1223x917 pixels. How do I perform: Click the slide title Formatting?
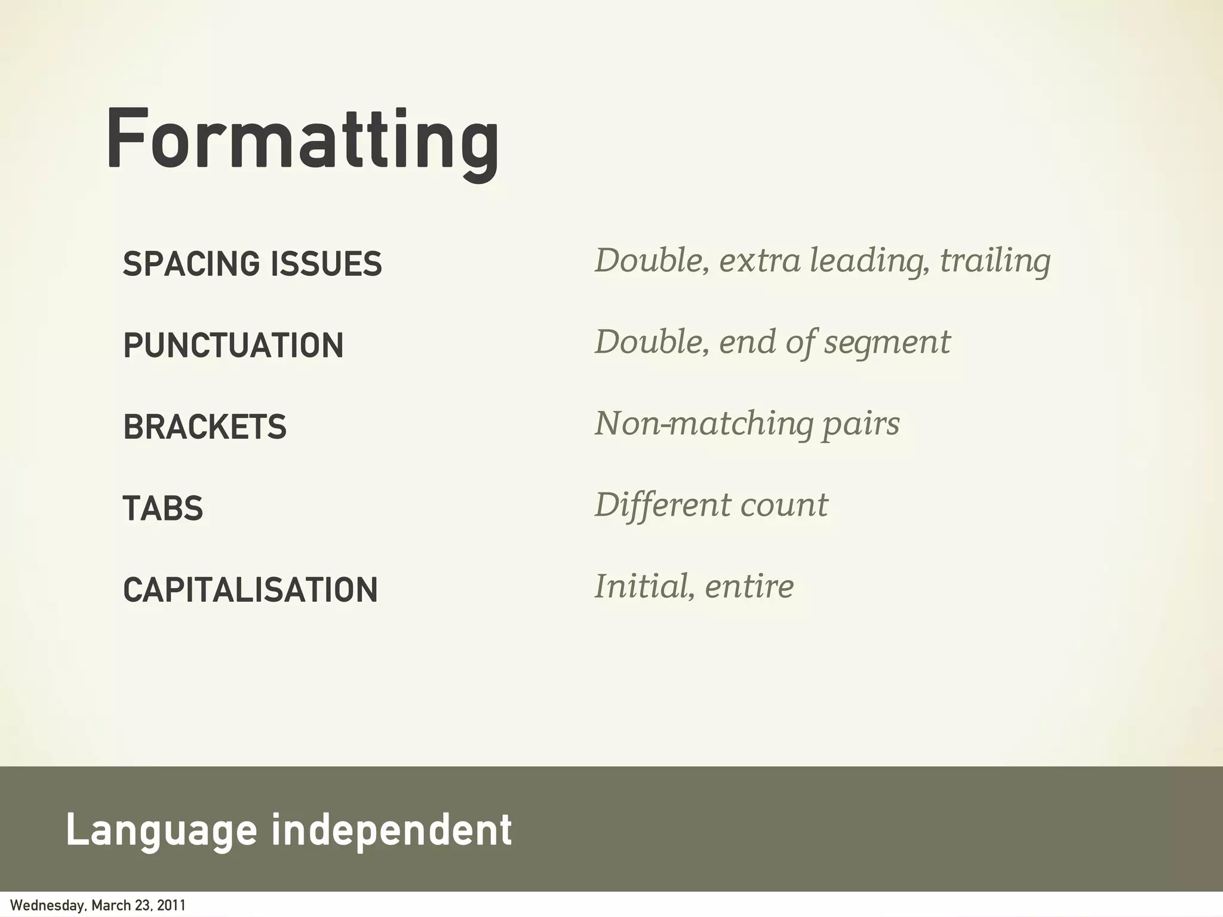[x=302, y=140]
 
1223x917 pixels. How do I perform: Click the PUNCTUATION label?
[x=233, y=345]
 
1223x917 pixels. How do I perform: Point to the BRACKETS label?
[x=205, y=427]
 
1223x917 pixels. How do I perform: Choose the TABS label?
[x=163, y=509]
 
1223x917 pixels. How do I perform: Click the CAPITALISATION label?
[x=250, y=590]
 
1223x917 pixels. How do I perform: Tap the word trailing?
[x=995, y=261]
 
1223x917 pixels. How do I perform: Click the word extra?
[x=759, y=261]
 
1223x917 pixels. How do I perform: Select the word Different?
[x=662, y=505]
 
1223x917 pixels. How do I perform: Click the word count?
[x=784, y=506]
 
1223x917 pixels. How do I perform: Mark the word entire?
[x=749, y=586]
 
